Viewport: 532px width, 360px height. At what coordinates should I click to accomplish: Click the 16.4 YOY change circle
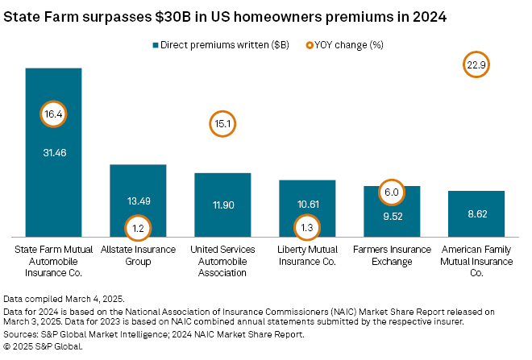click(53, 114)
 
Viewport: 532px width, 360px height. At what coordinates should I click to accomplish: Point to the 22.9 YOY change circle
click(476, 65)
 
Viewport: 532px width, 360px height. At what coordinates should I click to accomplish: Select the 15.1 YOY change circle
click(222, 124)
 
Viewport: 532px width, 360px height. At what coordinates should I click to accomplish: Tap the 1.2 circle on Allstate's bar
click(138, 228)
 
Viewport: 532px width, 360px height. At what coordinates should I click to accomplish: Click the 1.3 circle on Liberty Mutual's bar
click(307, 227)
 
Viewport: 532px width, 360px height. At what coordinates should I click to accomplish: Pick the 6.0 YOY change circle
click(392, 192)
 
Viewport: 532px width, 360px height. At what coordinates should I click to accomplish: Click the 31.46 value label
click(53, 151)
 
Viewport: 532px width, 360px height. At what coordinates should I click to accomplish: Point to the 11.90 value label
click(222, 205)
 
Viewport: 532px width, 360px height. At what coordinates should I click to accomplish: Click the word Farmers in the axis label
click(372, 250)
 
